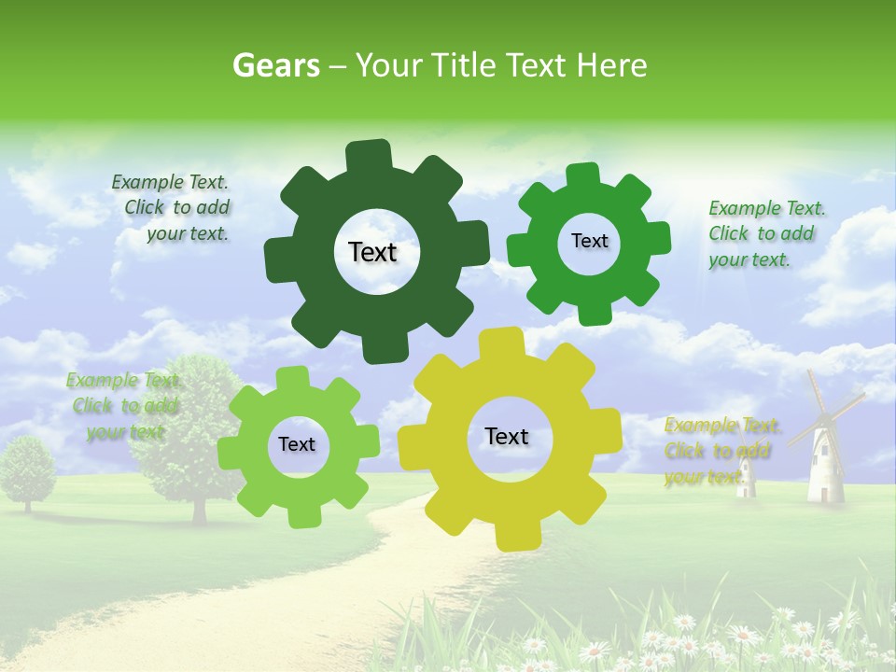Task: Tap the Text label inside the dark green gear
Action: (372, 252)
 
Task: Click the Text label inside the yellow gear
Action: (507, 437)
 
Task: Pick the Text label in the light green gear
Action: (297, 445)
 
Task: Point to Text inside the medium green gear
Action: (589, 241)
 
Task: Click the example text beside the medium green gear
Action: (765, 234)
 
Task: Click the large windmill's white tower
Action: (824, 467)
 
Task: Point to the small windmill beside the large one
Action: (745, 476)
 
